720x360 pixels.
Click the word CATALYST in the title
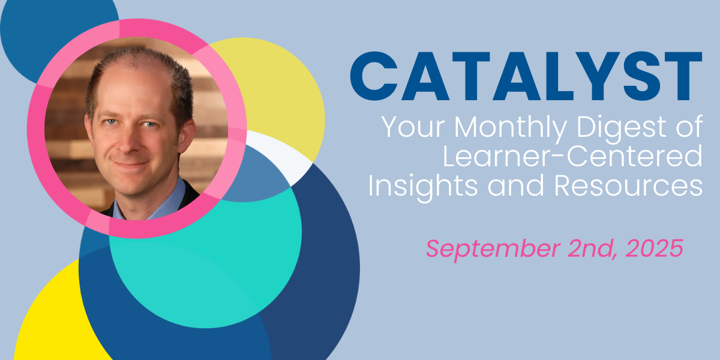(526, 76)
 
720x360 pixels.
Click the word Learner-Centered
(572, 156)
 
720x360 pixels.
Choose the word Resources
(628, 185)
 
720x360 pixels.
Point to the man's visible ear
(187, 135)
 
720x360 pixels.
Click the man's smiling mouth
(131, 163)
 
